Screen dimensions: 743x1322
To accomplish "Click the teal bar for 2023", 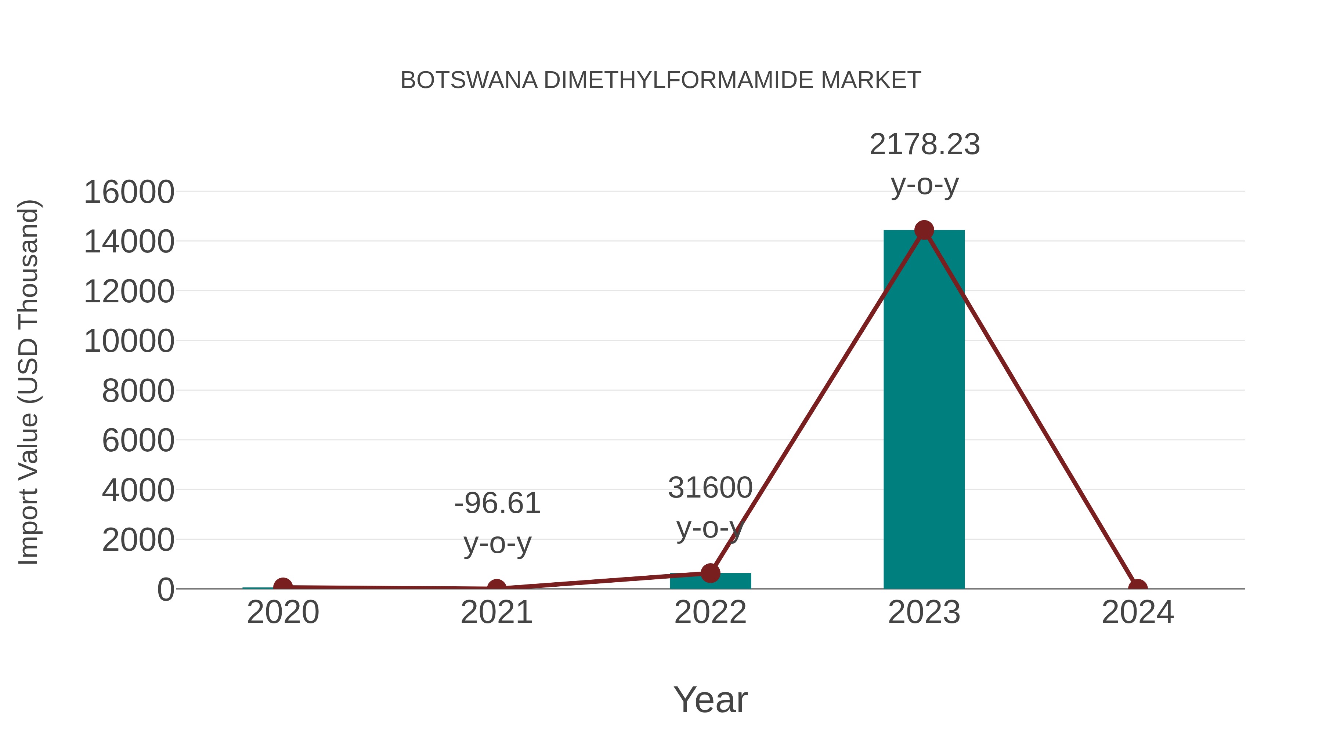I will point(924,410).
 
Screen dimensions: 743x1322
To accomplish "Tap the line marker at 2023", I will point(924,230).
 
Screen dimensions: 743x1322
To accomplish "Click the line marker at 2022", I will point(710,573).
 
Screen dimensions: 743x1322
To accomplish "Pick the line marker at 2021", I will point(496,588).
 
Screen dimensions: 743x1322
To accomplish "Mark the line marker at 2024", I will point(1138,588).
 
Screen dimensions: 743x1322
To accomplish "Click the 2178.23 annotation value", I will point(924,145).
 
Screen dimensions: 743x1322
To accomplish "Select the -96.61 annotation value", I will point(497,503).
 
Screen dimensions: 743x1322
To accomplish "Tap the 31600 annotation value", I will point(710,488).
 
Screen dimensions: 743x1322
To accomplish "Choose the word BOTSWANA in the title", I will point(469,80).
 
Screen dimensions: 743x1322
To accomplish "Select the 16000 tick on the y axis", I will point(129,192).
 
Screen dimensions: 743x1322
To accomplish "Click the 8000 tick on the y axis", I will point(138,391).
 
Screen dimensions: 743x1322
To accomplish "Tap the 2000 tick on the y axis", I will point(138,540).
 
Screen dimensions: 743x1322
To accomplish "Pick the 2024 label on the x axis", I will point(1138,612).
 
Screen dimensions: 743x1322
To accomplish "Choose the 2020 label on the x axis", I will point(283,612).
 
